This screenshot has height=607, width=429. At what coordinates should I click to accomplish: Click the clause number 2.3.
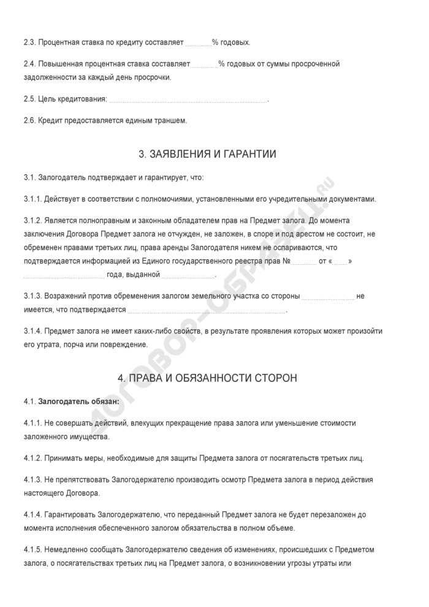(29, 43)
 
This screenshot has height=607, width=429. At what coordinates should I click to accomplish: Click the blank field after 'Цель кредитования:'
(188, 99)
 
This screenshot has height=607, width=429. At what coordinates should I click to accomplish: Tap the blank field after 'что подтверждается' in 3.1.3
(206, 310)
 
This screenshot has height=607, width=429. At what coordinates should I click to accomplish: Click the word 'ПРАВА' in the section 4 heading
(150, 378)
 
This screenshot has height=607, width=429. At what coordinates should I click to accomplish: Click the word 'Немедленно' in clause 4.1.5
(66, 549)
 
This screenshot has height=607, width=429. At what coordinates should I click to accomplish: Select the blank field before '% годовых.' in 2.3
(198, 44)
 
